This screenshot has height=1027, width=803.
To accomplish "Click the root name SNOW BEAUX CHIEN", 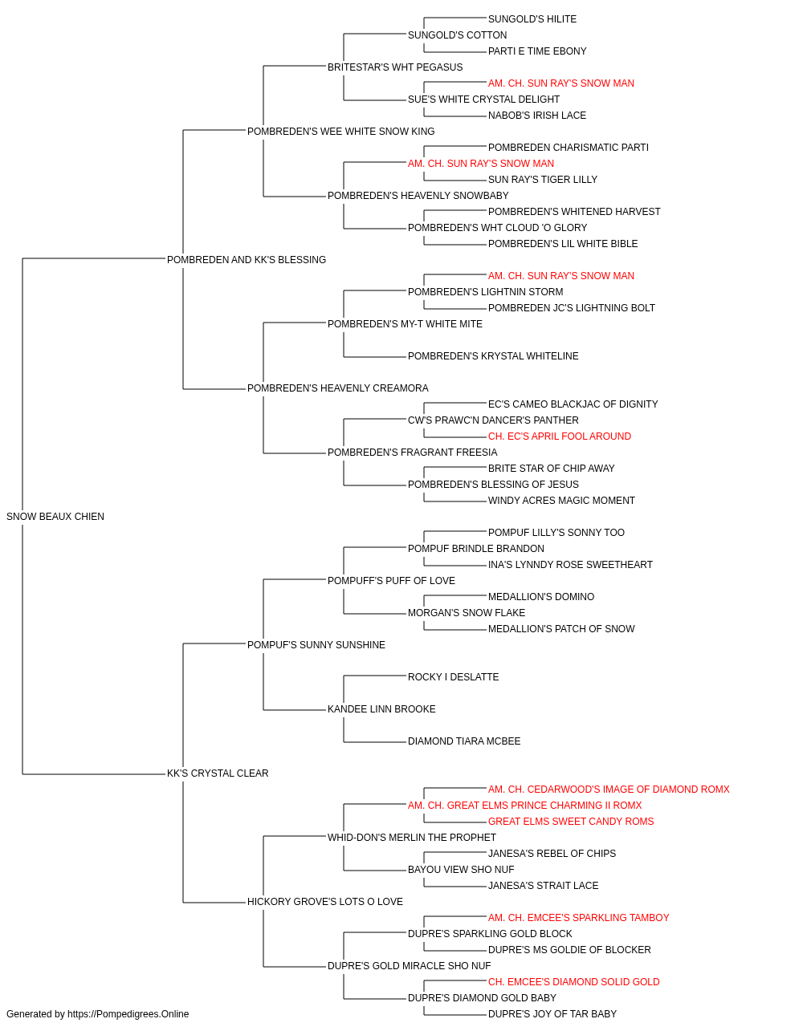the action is (55, 517).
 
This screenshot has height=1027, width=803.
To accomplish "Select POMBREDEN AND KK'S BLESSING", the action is (247, 260).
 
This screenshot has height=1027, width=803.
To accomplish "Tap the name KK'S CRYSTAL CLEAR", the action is (218, 773).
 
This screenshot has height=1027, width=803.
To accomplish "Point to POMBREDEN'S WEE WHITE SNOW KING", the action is (341, 132).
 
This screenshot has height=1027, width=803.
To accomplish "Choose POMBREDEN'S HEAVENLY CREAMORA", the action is (337, 388).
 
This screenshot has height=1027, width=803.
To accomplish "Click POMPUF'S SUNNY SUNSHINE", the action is (316, 644).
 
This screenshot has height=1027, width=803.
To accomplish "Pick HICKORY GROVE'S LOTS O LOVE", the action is (325, 901).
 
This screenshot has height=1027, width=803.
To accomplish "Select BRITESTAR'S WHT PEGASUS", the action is (395, 67).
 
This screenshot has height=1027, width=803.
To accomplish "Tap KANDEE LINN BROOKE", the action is (381, 709).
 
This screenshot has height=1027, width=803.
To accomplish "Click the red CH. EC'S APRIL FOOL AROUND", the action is (560, 436).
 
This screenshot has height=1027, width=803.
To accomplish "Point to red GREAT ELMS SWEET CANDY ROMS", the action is (571, 822).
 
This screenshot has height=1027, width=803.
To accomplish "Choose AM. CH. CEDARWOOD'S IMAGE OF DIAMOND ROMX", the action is (609, 790).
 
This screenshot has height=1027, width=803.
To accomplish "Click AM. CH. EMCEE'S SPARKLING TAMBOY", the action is (578, 917).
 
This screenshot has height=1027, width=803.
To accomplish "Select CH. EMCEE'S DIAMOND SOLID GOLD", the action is (573, 981).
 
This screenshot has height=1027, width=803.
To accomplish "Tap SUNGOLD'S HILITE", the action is (532, 19).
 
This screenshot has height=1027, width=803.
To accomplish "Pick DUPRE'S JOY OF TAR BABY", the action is (552, 1014).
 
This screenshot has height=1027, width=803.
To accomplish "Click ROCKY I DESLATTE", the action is (453, 677).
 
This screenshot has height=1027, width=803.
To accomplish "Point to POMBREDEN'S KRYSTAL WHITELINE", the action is (493, 356).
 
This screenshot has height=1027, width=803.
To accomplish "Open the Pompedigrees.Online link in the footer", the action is (128, 1014).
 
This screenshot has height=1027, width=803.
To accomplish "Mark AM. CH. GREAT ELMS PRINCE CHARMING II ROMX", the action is (525, 806).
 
